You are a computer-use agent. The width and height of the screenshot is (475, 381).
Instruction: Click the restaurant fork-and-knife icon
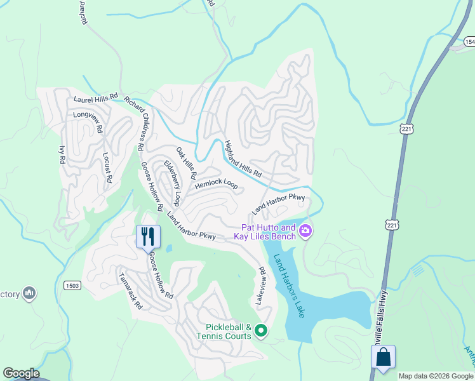(x=148, y=236)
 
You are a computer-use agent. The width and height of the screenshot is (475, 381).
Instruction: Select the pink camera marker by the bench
(x=305, y=231)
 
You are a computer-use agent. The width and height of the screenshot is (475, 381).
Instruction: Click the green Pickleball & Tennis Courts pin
(x=259, y=330)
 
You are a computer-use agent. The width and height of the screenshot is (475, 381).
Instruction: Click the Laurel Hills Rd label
(x=96, y=98)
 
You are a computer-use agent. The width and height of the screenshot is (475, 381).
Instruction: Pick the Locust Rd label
(x=107, y=168)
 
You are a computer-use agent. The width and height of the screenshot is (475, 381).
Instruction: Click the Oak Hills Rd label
(x=187, y=162)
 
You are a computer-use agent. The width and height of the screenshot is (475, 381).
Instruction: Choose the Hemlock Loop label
(x=216, y=184)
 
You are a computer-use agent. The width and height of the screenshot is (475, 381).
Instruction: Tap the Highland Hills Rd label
(x=243, y=159)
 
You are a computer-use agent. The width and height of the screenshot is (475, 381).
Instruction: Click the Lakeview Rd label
(x=260, y=286)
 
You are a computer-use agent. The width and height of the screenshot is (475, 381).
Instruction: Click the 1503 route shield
(x=72, y=286)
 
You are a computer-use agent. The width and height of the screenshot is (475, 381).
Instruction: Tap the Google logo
(x=21, y=373)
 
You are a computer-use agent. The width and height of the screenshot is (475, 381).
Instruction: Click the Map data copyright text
(x=436, y=376)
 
